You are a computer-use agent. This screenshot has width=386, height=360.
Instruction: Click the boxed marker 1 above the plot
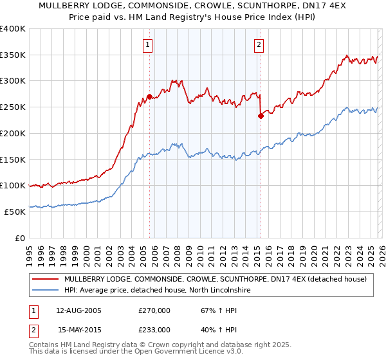coord(148,44)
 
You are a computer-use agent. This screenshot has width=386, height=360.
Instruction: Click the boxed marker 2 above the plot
coord(259,44)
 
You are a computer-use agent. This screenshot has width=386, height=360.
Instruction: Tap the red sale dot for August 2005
coord(149,97)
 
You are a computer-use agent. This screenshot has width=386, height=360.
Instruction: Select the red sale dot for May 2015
coord(261,116)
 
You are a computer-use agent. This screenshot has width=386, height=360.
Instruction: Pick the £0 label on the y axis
coord(21,238)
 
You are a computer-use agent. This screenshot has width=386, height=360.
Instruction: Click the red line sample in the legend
coord(46,279)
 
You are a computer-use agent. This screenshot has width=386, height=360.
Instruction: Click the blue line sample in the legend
coord(46,291)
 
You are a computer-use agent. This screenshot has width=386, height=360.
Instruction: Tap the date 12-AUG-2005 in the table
coord(78,310)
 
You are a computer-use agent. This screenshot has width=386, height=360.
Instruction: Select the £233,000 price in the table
coord(154,329)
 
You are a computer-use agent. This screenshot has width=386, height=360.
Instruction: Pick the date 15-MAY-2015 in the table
coord(78,329)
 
